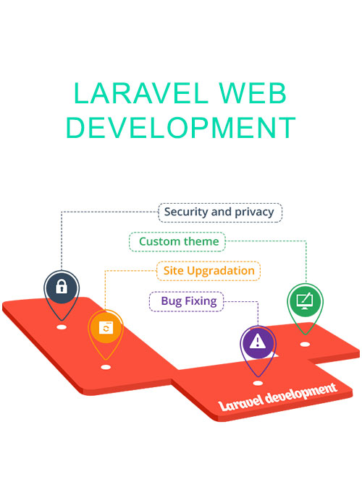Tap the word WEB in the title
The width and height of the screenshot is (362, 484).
point(253,93)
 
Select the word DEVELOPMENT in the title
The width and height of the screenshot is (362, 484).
point(181,127)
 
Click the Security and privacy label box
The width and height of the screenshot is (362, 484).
point(220,212)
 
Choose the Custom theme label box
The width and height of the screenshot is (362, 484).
point(177,242)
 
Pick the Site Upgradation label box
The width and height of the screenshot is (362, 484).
point(209,271)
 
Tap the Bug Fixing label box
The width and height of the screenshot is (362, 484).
point(187,301)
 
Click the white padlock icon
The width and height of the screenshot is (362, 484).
point(62,286)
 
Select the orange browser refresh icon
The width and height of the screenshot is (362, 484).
point(106,327)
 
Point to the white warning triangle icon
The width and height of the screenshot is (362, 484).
point(257,341)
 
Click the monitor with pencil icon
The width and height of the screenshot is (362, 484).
point(305,301)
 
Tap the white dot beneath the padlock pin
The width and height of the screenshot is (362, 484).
point(62,327)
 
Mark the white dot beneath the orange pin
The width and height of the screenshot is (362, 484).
point(106,367)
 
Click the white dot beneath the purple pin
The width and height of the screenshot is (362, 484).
point(258,383)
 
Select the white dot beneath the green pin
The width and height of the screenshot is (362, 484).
point(305,344)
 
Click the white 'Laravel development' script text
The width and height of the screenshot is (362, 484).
point(277,397)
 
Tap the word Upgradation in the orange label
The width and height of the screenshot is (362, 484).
point(221,272)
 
